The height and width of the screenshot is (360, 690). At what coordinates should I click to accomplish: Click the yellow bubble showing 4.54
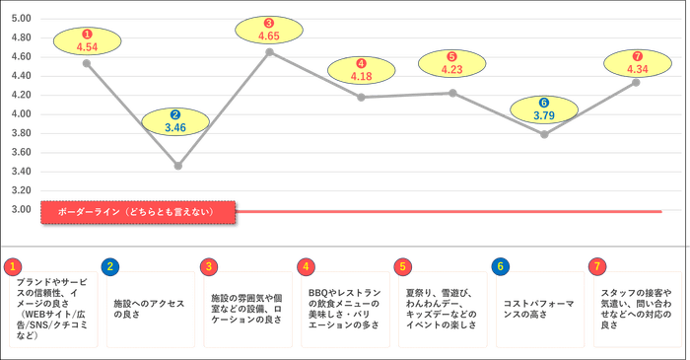click(x=87, y=40)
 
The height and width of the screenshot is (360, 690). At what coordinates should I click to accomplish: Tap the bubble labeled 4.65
click(x=268, y=29)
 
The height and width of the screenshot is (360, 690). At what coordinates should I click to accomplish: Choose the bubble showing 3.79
click(x=544, y=108)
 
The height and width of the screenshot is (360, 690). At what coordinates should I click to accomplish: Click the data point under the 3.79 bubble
click(x=544, y=134)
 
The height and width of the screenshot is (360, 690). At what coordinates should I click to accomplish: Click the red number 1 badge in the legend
click(x=12, y=266)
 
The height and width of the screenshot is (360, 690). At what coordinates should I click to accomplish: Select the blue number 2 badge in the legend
click(x=109, y=266)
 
